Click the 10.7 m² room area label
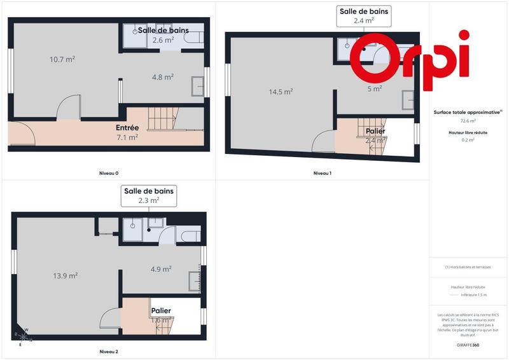[x=62, y=59]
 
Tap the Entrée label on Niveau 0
[x=127, y=128]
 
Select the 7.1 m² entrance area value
[x=127, y=137]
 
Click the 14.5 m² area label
[x=281, y=92]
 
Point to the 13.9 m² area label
[x=66, y=275]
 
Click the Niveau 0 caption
[x=109, y=173]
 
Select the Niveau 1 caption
[x=322, y=173]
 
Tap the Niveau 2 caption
[x=109, y=351]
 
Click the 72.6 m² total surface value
[x=468, y=120]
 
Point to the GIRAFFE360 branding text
[x=468, y=345]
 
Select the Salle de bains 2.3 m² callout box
[x=150, y=195]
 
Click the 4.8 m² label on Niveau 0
[x=163, y=77]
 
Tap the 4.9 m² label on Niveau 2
[x=160, y=269]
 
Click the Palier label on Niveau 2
[x=160, y=310]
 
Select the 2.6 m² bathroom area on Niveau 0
[x=163, y=40]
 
